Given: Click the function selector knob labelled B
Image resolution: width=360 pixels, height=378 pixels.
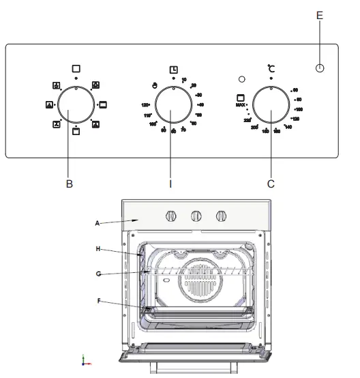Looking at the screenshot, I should [x=76, y=106].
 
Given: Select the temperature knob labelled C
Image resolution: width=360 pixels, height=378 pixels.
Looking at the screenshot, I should [x=271, y=108].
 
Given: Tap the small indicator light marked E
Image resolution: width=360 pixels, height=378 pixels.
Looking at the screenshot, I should [x=320, y=68].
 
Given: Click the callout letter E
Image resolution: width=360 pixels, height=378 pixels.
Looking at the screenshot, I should [x=320, y=14].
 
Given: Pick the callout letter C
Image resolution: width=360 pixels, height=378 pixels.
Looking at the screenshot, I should [x=271, y=183].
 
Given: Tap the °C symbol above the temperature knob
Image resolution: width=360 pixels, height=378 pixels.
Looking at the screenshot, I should [x=271, y=69].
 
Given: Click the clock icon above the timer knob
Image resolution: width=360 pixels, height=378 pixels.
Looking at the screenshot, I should [x=174, y=70].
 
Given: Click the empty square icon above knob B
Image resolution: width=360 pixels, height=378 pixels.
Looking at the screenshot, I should [x=76, y=69].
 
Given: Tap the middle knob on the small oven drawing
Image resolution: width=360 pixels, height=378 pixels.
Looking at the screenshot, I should [x=196, y=216].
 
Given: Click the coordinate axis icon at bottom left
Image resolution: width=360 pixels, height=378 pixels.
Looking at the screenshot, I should [x=85, y=360].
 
